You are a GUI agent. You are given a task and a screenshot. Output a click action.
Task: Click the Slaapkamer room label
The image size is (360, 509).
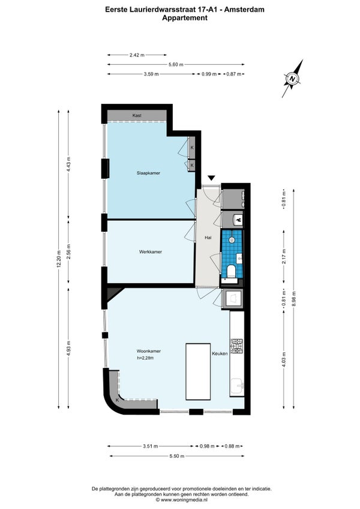click(x=148, y=173)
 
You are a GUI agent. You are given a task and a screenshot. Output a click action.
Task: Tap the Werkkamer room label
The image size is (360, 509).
click(x=150, y=251)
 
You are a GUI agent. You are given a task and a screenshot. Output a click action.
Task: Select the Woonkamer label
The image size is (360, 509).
click(x=149, y=351)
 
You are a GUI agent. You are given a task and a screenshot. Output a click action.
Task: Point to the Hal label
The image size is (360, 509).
click(x=208, y=238)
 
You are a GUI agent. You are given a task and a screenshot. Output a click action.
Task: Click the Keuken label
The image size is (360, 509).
click(x=220, y=354)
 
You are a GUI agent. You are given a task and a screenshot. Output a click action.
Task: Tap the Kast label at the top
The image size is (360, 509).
click(x=137, y=115)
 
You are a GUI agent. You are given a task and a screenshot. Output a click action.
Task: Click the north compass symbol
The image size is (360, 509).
click(x=292, y=79)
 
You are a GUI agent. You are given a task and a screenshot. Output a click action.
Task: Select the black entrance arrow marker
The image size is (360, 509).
click(x=212, y=178)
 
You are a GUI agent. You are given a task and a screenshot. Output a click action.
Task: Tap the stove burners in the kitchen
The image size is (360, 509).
click(x=236, y=346)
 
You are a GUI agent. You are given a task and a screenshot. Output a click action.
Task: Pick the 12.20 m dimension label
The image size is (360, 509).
click(x=59, y=261)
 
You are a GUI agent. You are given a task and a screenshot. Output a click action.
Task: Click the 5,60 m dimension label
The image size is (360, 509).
click(x=176, y=65)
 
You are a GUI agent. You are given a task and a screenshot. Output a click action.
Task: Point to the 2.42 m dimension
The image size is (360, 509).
click(x=137, y=55)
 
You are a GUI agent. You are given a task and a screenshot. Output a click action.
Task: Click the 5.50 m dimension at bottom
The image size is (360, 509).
click(x=177, y=456)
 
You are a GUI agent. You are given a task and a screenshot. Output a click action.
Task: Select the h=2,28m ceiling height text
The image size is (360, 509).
click(x=145, y=358)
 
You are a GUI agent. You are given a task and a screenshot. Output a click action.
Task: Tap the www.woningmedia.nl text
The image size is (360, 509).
click(x=184, y=500)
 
